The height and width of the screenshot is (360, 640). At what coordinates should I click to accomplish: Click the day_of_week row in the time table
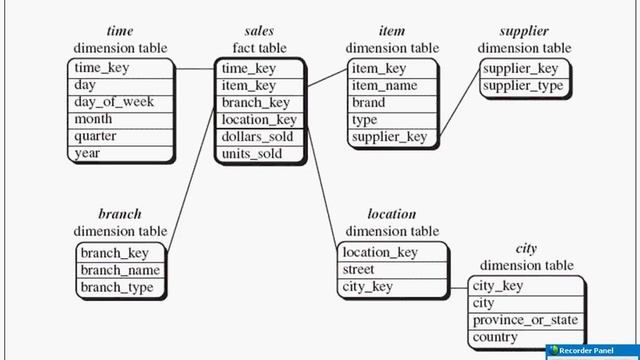click(111, 102)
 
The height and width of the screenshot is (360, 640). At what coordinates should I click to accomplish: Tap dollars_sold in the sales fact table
click(258, 136)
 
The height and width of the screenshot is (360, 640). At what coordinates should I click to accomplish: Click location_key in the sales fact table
click(259, 119)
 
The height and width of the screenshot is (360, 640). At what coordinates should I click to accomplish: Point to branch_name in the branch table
click(119, 270)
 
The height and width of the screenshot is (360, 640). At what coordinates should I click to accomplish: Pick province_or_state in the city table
click(525, 320)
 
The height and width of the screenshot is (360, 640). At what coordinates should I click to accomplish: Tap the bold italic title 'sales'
click(259, 31)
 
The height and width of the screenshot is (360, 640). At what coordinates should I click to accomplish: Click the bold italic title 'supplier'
click(524, 31)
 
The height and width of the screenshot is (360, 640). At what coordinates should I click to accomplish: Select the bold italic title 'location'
click(392, 214)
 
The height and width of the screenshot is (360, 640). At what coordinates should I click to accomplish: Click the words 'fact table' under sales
click(259, 48)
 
